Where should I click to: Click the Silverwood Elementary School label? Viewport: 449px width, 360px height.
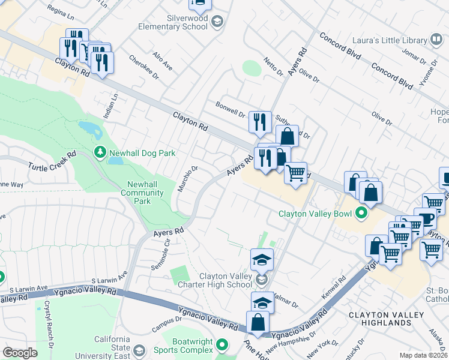[172, 23]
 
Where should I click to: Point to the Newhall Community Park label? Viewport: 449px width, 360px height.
[142, 193]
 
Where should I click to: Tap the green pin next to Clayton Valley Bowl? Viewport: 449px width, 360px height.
[361, 213]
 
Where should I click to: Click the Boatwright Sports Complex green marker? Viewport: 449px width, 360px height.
[222, 345]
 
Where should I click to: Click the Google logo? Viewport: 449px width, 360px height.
[20, 352]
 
